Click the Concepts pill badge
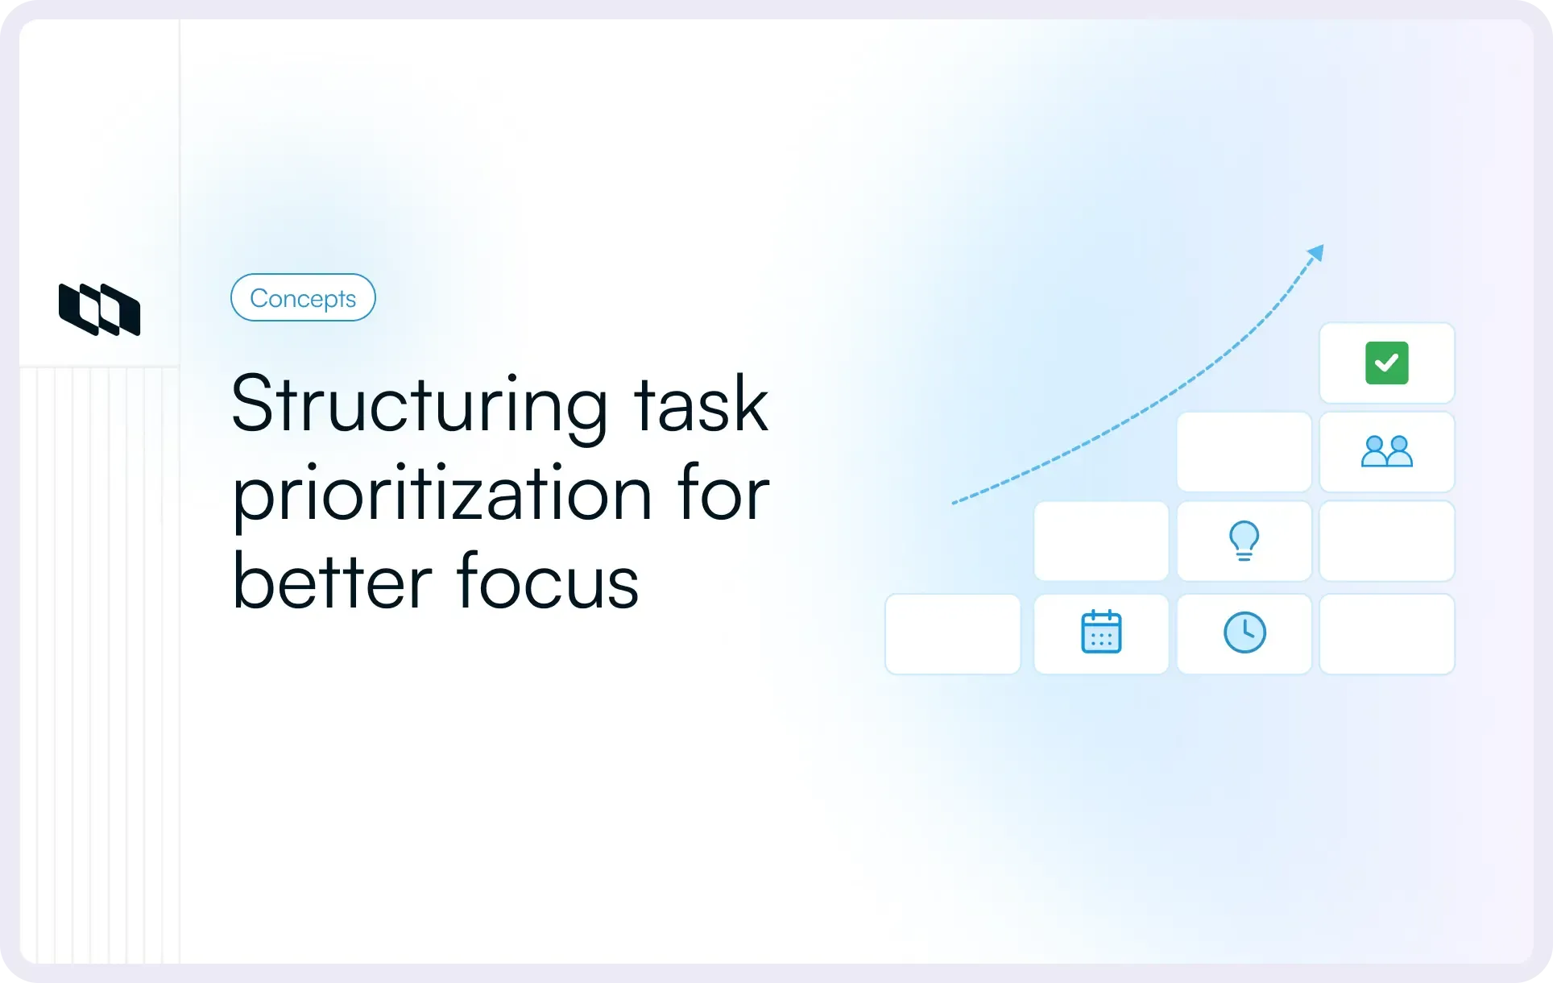(303, 298)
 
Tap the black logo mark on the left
(100, 309)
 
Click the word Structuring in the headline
(419, 405)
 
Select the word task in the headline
(701, 405)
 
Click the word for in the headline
(723, 493)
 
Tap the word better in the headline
(332, 582)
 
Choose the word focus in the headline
(548, 582)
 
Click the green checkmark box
(1387, 363)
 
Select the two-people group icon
(1387, 452)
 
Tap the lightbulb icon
(1244, 541)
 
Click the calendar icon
(1101, 633)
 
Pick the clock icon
(1244, 633)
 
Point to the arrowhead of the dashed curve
(1316, 252)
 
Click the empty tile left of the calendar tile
(953, 634)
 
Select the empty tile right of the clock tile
(1387, 634)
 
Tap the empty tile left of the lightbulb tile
(1101, 541)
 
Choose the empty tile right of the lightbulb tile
(1387, 541)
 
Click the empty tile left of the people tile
(1244, 452)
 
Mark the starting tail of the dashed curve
(955, 503)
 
